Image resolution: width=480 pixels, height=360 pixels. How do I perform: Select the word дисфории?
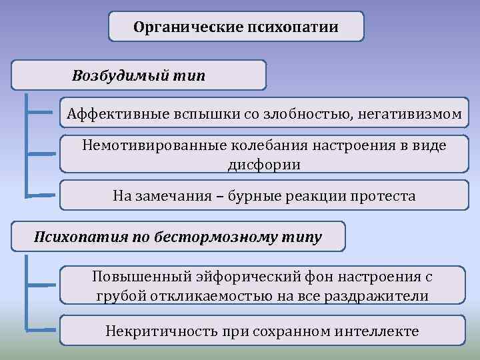(264, 164)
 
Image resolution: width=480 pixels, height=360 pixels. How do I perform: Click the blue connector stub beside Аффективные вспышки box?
(41, 113)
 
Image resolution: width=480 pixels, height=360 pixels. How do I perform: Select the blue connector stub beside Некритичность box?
(41, 329)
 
